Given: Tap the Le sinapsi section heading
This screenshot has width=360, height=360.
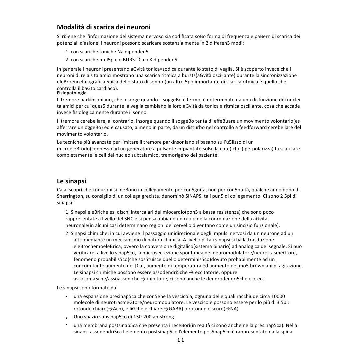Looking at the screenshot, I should (71, 181).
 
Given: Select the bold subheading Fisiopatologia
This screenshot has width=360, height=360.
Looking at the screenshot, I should (72, 93).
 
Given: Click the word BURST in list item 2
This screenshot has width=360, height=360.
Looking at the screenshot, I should (130, 60).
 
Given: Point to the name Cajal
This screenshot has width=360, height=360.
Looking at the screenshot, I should (63, 190).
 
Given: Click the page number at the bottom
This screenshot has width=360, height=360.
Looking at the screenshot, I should (180, 340).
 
